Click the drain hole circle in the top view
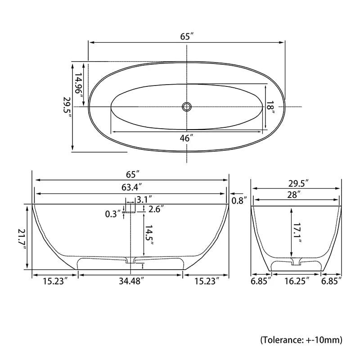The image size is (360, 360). pos(187,107)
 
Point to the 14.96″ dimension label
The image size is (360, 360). pos(79,85)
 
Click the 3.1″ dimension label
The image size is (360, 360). pos(144,199)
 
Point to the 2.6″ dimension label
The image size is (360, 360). pos(156,209)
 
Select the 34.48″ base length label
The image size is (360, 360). pos(131,282)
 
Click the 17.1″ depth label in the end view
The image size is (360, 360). pos(297,233)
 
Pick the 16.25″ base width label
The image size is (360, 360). pos(296,281)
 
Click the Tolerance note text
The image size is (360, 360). pos(301,339)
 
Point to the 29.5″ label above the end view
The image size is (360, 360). pos(297,184)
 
